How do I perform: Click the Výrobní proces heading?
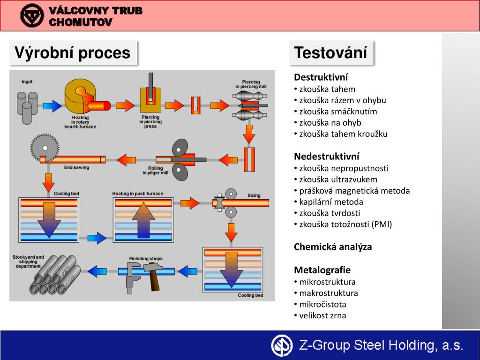73,52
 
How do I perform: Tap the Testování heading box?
331,52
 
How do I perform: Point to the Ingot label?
27,82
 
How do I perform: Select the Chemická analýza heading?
333,247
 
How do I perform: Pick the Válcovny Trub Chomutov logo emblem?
32,15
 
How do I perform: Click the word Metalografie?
322,270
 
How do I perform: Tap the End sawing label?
76,167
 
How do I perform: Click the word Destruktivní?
321,77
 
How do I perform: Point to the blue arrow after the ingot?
52,105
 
